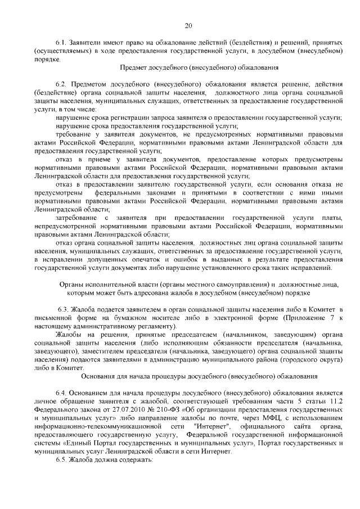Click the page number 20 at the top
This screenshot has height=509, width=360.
[x=188, y=25]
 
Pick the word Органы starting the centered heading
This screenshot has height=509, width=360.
[x=72, y=285]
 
